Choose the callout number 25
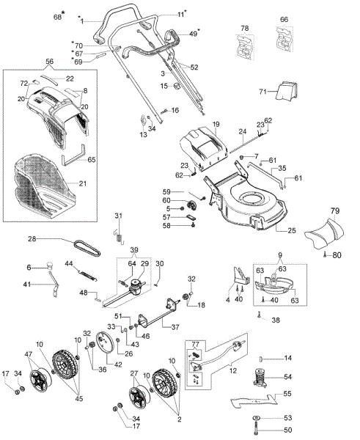[291, 230]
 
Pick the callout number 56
[49, 62]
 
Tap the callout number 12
[233, 371]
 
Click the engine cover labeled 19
[202, 146]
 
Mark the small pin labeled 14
[264, 359]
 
